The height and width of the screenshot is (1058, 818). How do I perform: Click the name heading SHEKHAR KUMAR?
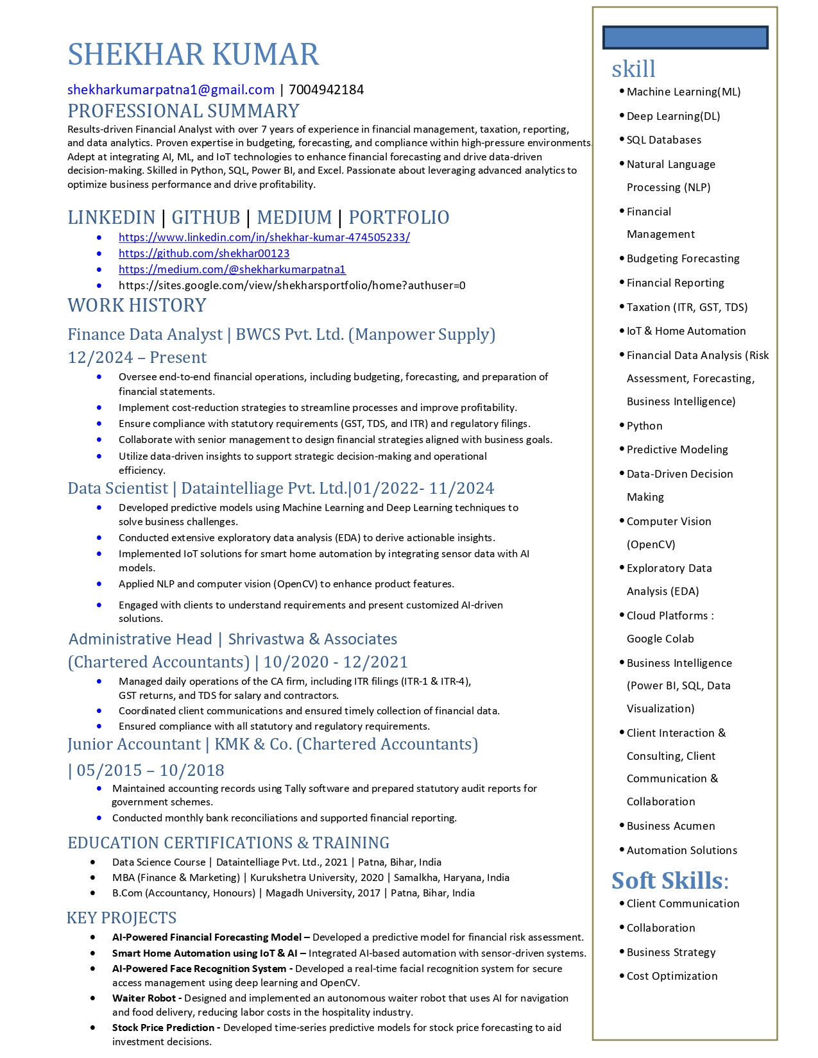click(x=193, y=55)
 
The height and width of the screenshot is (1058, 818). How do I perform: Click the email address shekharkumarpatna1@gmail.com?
click(x=171, y=90)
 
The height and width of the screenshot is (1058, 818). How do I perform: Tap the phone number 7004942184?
click(x=326, y=90)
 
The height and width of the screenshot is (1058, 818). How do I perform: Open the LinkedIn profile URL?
click(x=264, y=237)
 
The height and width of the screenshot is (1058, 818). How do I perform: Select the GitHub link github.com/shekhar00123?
click(x=204, y=253)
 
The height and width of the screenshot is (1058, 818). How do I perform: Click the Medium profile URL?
click(x=232, y=269)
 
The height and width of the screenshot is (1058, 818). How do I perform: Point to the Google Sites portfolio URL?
click(x=292, y=285)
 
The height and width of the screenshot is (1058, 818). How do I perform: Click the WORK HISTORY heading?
click(x=137, y=305)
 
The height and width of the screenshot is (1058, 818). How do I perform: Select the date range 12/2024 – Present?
click(x=137, y=357)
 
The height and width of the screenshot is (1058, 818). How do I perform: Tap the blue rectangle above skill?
click(x=685, y=37)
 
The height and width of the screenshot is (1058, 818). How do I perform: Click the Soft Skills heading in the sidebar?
click(x=669, y=881)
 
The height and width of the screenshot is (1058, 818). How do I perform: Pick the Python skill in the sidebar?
click(x=644, y=426)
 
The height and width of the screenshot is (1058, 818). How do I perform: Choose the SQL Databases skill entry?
click(x=663, y=140)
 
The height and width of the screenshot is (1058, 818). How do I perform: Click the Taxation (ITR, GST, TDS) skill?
click(x=686, y=307)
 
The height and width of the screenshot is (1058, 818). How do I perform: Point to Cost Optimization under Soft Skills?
click(x=672, y=976)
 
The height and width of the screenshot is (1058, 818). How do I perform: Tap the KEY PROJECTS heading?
click(x=121, y=918)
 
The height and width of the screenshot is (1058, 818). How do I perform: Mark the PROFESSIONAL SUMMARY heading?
click(x=183, y=111)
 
